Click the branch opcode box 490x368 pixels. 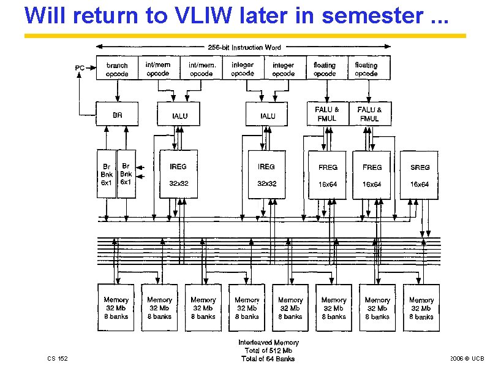click(117, 69)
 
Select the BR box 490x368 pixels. click(117, 115)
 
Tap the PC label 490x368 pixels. click(80, 68)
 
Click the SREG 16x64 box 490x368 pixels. click(420, 175)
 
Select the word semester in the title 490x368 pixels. click(369, 15)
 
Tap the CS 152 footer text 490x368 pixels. click(58, 358)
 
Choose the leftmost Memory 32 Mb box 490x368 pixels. click(116, 307)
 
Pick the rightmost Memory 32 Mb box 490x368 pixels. click(421, 307)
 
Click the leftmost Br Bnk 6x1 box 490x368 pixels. click(107, 174)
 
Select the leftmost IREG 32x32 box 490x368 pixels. click(178, 174)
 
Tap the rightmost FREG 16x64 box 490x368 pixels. click(372, 175)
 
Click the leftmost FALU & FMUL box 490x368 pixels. click(328, 113)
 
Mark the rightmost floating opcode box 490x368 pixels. click(366, 69)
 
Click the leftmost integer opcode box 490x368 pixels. click(243, 69)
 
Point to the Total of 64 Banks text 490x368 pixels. click(268, 359)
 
